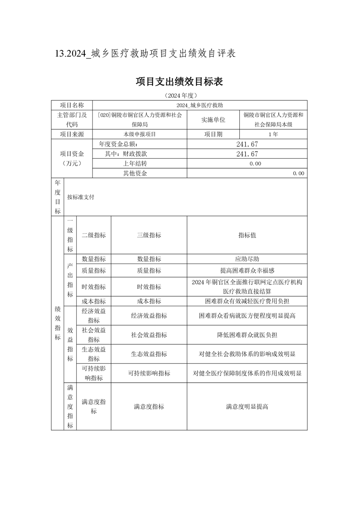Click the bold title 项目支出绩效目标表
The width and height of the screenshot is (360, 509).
[x=179, y=82]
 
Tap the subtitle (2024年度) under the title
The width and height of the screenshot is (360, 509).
[x=179, y=96]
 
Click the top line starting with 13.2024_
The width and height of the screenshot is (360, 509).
[x=145, y=54]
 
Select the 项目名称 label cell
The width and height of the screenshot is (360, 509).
[x=72, y=105]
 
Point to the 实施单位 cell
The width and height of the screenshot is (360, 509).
[x=213, y=120]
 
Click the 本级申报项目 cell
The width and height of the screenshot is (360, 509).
[x=139, y=134]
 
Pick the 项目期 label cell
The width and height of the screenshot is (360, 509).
[x=213, y=134]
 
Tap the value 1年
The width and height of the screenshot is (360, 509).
[x=273, y=134]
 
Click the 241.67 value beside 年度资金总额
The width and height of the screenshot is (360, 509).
[x=247, y=144]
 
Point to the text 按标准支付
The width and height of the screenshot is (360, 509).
[x=80, y=197]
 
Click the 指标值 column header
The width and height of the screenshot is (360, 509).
[x=247, y=235]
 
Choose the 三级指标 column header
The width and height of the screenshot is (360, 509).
[x=149, y=235]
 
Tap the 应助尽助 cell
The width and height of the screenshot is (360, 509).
[x=247, y=259]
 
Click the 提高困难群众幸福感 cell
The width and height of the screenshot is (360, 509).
[x=247, y=270]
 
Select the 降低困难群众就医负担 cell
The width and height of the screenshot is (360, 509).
[x=247, y=335]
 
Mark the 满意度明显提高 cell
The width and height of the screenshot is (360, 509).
[x=247, y=406]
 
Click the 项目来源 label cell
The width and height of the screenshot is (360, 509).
[x=72, y=134]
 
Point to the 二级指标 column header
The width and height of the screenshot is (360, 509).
[x=94, y=235]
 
